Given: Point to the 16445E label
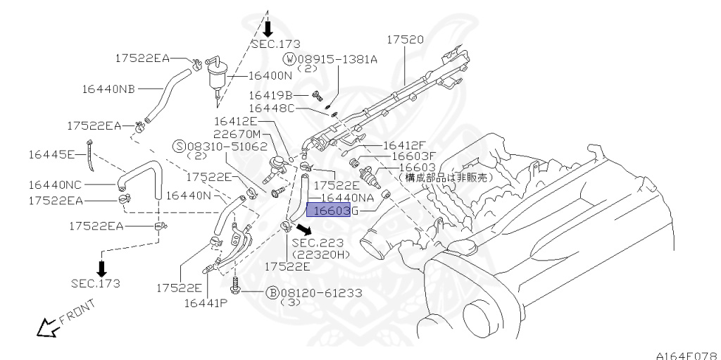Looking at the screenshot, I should click(51, 154).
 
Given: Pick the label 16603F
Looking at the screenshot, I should click(414, 156).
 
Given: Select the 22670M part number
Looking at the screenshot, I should click(237, 134).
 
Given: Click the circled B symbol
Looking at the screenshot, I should click(271, 292).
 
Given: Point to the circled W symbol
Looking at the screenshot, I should click(289, 59).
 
